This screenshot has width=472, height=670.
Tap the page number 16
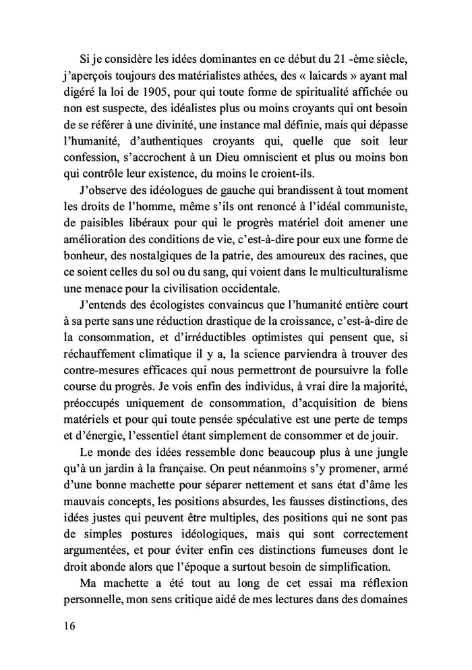coord(65,625)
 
